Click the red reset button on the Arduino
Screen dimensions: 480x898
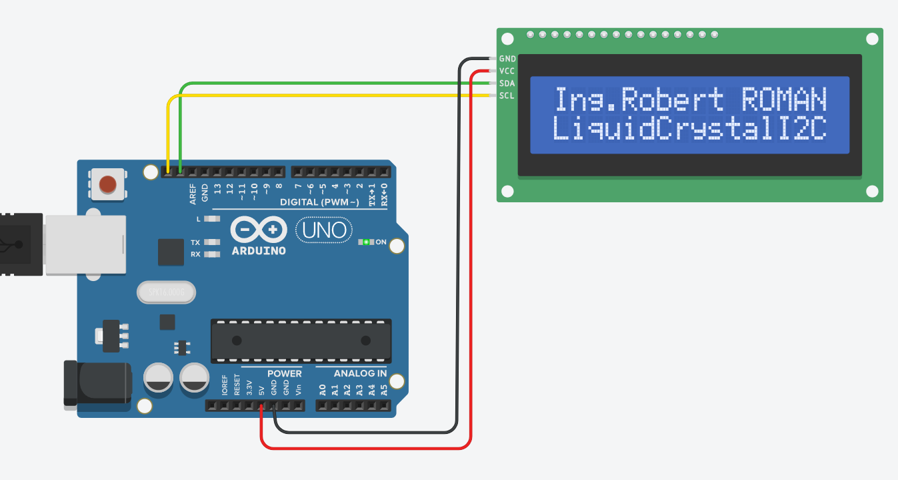(107, 184)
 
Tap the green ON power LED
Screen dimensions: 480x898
(365, 242)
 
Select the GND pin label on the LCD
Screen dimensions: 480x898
(507, 59)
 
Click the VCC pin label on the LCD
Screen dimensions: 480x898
(507, 71)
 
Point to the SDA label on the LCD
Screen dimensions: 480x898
(507, 83)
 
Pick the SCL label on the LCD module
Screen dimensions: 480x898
(507, 95)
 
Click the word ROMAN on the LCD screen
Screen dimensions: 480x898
(784, 100)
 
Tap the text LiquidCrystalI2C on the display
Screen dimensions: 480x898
(690, 128)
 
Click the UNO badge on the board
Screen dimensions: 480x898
(324, 230)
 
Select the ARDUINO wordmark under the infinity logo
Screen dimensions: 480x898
(259, 251)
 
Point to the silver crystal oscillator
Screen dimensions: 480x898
(167, 292)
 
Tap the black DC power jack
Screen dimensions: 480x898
(97, 382)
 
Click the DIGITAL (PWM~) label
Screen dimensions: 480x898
(319, 202)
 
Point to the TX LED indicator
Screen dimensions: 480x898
(212, 242)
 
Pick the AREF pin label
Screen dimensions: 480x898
(193, 194)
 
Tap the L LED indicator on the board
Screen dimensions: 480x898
(212, 218)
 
